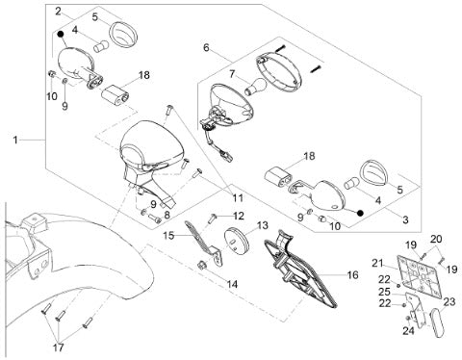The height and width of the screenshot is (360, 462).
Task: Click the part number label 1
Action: tap(15, 140)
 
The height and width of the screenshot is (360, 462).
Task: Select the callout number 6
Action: tap(206, 47)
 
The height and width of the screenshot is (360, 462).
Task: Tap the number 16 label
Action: tap(352, 275)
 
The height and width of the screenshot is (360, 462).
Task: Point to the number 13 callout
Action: tap(263, 225)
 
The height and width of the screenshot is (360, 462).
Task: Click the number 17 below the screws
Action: tap(58, 347)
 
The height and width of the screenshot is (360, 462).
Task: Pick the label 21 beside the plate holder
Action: tap(378, 264)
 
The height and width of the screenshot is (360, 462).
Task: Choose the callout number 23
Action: tap(449, 301)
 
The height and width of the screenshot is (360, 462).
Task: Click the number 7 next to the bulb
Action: tap(232, 75)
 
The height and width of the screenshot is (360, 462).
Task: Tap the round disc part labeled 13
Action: tap(238, 241)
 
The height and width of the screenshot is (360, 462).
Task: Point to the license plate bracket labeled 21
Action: tap(419, 276)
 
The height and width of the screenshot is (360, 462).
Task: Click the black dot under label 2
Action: tap(60, 34)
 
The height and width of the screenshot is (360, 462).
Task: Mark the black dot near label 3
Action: tap(360, 213)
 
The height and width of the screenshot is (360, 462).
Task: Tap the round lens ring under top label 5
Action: tap(124, 35)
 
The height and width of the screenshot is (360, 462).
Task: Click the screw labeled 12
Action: tap(212, 219)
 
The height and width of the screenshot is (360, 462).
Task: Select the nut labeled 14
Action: tap(201, 266)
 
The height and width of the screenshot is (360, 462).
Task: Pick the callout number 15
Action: tap(168, 236)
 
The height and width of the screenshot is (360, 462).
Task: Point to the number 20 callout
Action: tap(436, 239)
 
